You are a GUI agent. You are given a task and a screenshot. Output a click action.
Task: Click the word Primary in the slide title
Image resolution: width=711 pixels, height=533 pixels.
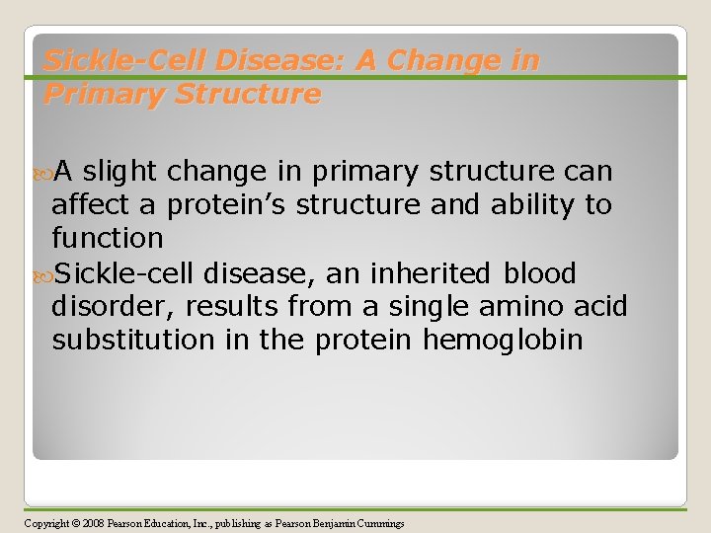pos(92,94)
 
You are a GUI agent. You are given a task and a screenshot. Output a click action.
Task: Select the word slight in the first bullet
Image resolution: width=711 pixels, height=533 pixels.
pos(121,172)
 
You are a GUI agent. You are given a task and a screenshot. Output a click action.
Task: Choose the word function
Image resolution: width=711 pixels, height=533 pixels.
pos(108,238)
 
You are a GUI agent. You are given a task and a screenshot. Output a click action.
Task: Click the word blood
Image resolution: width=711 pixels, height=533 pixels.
pos(540,273)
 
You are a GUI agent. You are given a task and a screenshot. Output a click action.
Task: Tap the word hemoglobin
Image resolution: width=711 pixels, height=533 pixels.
pos(503,341)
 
